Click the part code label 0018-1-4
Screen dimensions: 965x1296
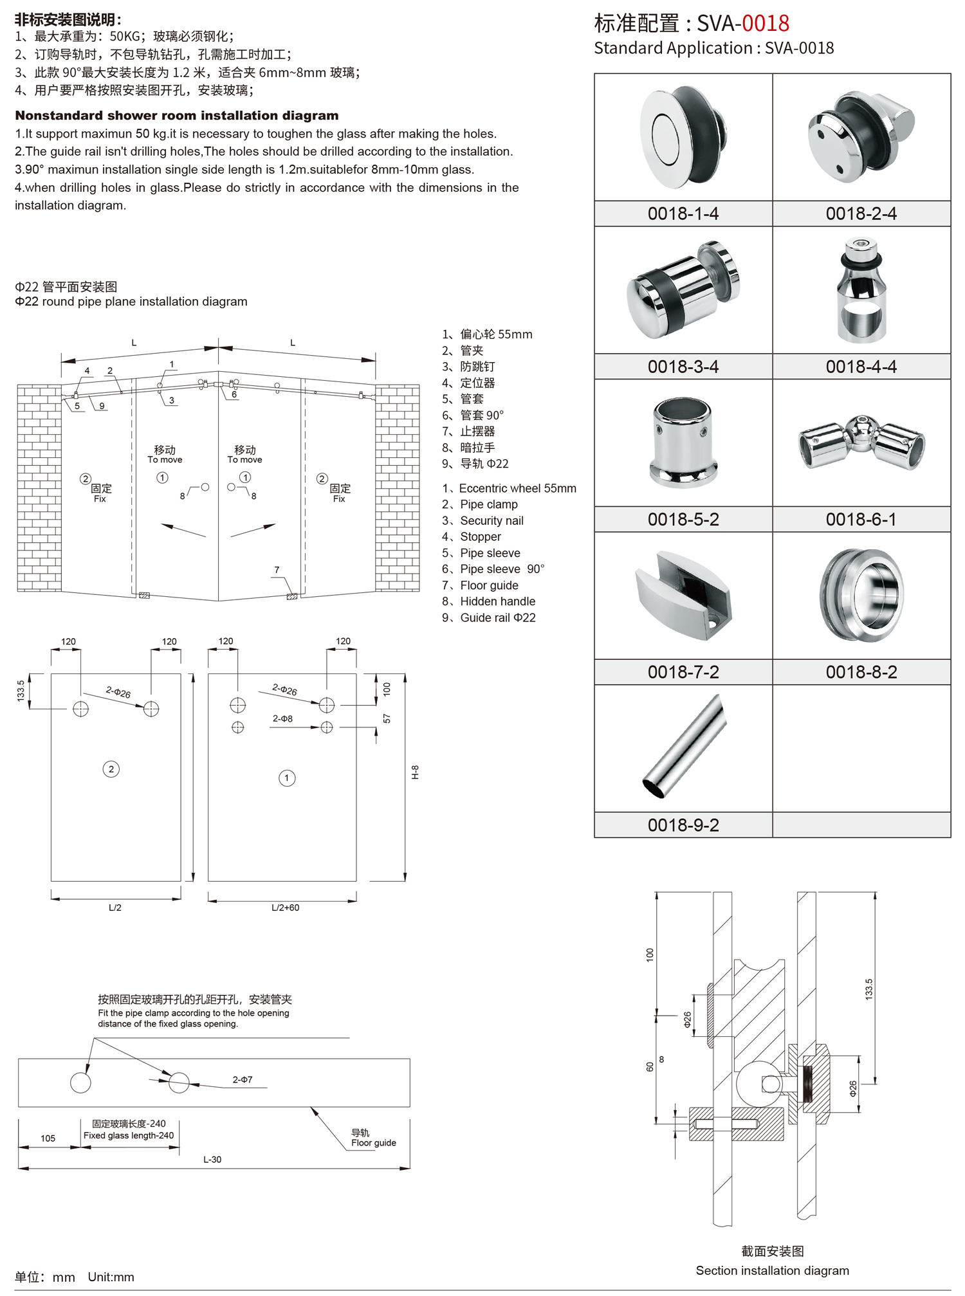(683, 214)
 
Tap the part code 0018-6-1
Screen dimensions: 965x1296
(861, 519)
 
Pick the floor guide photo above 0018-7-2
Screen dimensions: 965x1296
(683, 596)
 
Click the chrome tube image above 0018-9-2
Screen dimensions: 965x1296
(684, 746)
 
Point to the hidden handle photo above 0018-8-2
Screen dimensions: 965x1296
(861, 596)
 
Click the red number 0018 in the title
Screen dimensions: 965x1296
(766, 23)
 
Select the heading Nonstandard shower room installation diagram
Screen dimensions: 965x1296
(177, 116)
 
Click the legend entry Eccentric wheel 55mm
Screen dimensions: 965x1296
(517, 488)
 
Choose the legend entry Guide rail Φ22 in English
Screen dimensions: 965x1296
(497, 617)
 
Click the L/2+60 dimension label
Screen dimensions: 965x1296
(285, 908)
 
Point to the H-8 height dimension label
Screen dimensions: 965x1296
(416, 772)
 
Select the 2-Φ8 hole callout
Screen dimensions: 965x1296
(282, 718)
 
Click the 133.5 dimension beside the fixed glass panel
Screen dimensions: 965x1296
(21, 691)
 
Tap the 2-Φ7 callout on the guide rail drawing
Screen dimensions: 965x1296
(243, 1080)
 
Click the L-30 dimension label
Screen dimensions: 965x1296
(212, 1160)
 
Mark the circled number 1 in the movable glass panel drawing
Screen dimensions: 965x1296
(287, 778)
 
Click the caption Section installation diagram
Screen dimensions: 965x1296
(772, 1270)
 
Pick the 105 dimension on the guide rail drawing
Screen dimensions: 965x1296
(48, 1138)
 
